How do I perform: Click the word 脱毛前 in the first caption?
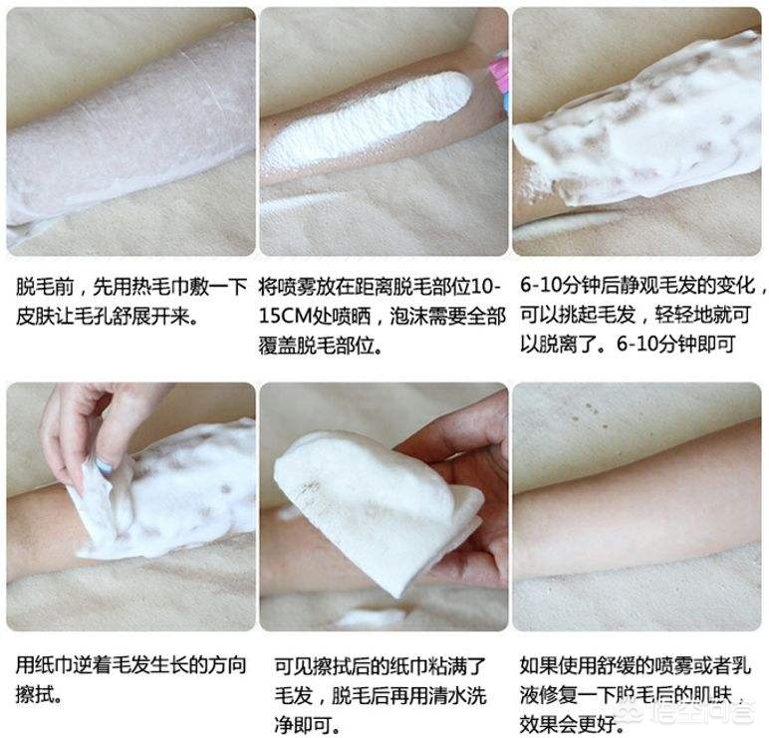pos(45,287)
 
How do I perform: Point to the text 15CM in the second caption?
pos(285,317)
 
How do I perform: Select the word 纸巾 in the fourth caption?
pos(54,666)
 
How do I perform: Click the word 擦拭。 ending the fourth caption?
pos(39,695)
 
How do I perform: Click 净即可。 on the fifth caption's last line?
pos(307,726)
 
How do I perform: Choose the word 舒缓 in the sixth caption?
pos(616,666)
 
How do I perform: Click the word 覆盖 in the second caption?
pos(278,346)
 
